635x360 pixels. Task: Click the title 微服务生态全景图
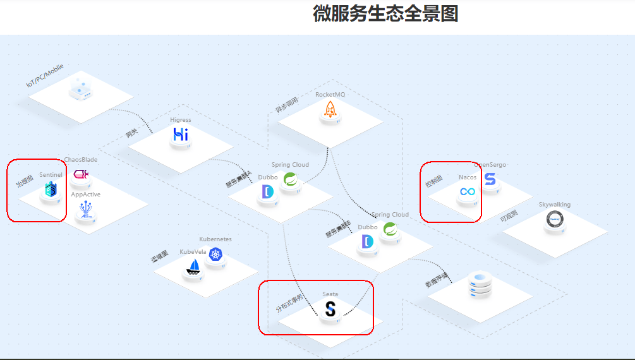point(385,13)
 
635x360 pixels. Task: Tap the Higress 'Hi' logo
point(181,135)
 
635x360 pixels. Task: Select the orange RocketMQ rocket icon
point(330,109)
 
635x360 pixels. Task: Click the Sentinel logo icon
point(51,189)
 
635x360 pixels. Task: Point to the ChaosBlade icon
point(82,174)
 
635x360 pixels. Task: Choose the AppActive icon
point(86,211)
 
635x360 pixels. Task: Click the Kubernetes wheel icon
point(215,255)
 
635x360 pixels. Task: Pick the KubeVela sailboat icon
point(193,268)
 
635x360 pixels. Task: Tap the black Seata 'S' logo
point(330,309)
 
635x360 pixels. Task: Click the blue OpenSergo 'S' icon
point(490,179)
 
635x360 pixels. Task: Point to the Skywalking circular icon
point(555,219)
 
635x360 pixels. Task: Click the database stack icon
point(481,286)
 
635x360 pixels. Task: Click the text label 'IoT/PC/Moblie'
point(45,75)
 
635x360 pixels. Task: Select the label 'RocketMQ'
point(330,95)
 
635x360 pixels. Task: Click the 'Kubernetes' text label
point(215,239)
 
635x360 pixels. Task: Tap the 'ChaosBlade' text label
point(81,160)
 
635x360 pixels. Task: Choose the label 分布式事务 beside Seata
point(289,304)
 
